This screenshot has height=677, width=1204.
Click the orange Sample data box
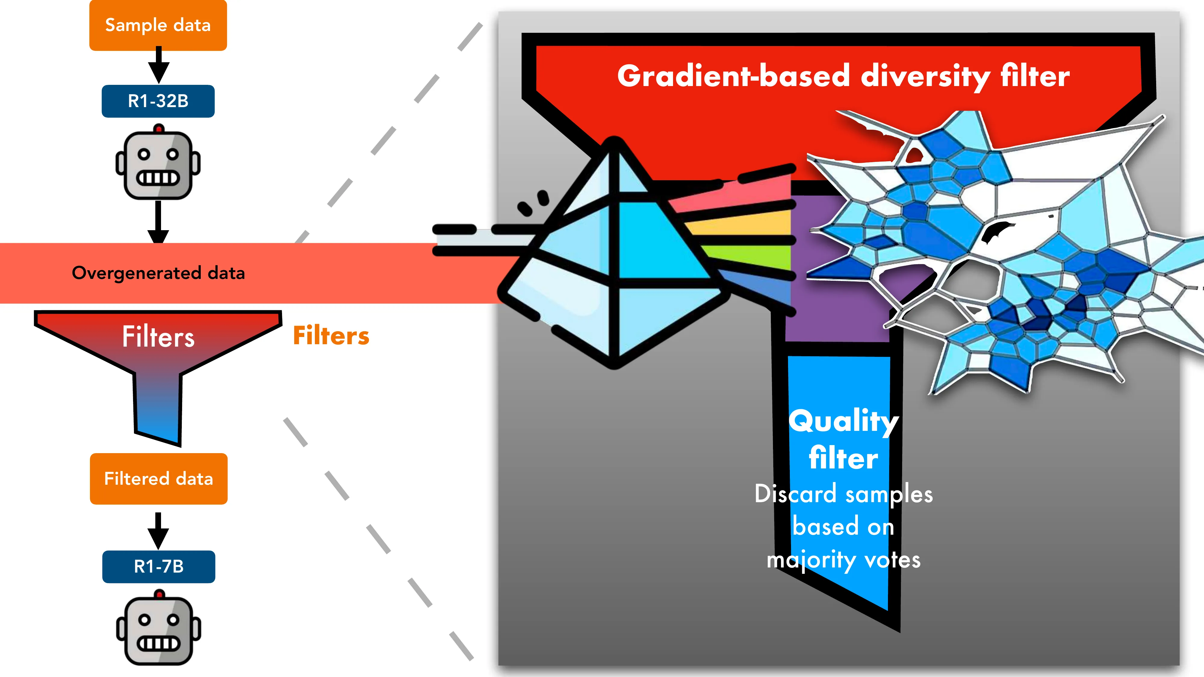(158, 25)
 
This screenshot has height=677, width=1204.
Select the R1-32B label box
(158, 101)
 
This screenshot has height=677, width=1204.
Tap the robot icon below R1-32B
(158, 163)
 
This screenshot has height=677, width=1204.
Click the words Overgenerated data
(158, 273)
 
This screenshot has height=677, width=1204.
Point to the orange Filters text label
(331, 336)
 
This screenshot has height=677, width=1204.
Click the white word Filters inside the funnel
(158, 337)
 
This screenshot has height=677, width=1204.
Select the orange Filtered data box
(158, 479)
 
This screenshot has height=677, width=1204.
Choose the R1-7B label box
(158, 567)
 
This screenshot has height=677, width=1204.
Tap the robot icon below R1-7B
(158, 629)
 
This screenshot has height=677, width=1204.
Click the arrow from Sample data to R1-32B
(158, 65)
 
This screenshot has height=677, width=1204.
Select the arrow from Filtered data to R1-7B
(158, 531)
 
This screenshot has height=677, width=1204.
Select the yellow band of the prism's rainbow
(743, 226)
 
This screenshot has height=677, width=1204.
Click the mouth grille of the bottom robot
(158, 644)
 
